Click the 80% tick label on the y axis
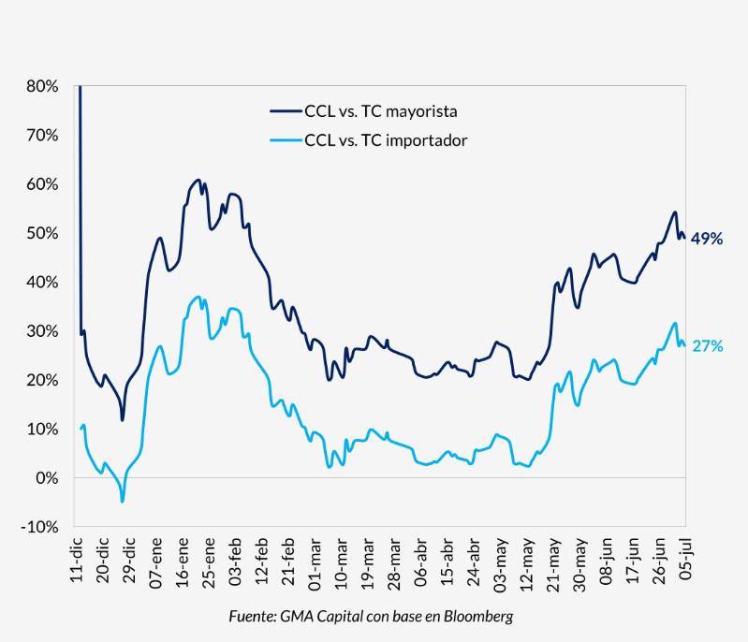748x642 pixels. coord(43,86)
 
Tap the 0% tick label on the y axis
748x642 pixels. coord(47,478)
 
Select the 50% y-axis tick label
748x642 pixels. coord(43,233)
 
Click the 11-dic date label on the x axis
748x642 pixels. coord(77,562)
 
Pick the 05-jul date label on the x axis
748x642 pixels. coord(686,562)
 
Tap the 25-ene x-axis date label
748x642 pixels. coord(211,562)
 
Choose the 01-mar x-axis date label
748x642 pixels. coord(317,562)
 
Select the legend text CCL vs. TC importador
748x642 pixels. coord(386,140)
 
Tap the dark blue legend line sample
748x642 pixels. coord(285,111)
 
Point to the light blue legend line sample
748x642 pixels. coord(285,140)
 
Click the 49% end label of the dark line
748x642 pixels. coord(707,239)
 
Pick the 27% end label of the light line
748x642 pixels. coord(707,346)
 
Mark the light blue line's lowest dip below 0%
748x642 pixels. coord(122,502)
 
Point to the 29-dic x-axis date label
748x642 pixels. coord(130,562)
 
